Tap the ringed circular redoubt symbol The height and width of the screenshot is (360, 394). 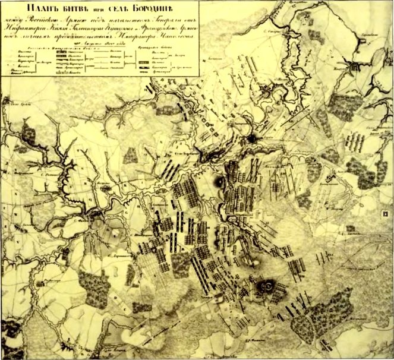267,286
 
